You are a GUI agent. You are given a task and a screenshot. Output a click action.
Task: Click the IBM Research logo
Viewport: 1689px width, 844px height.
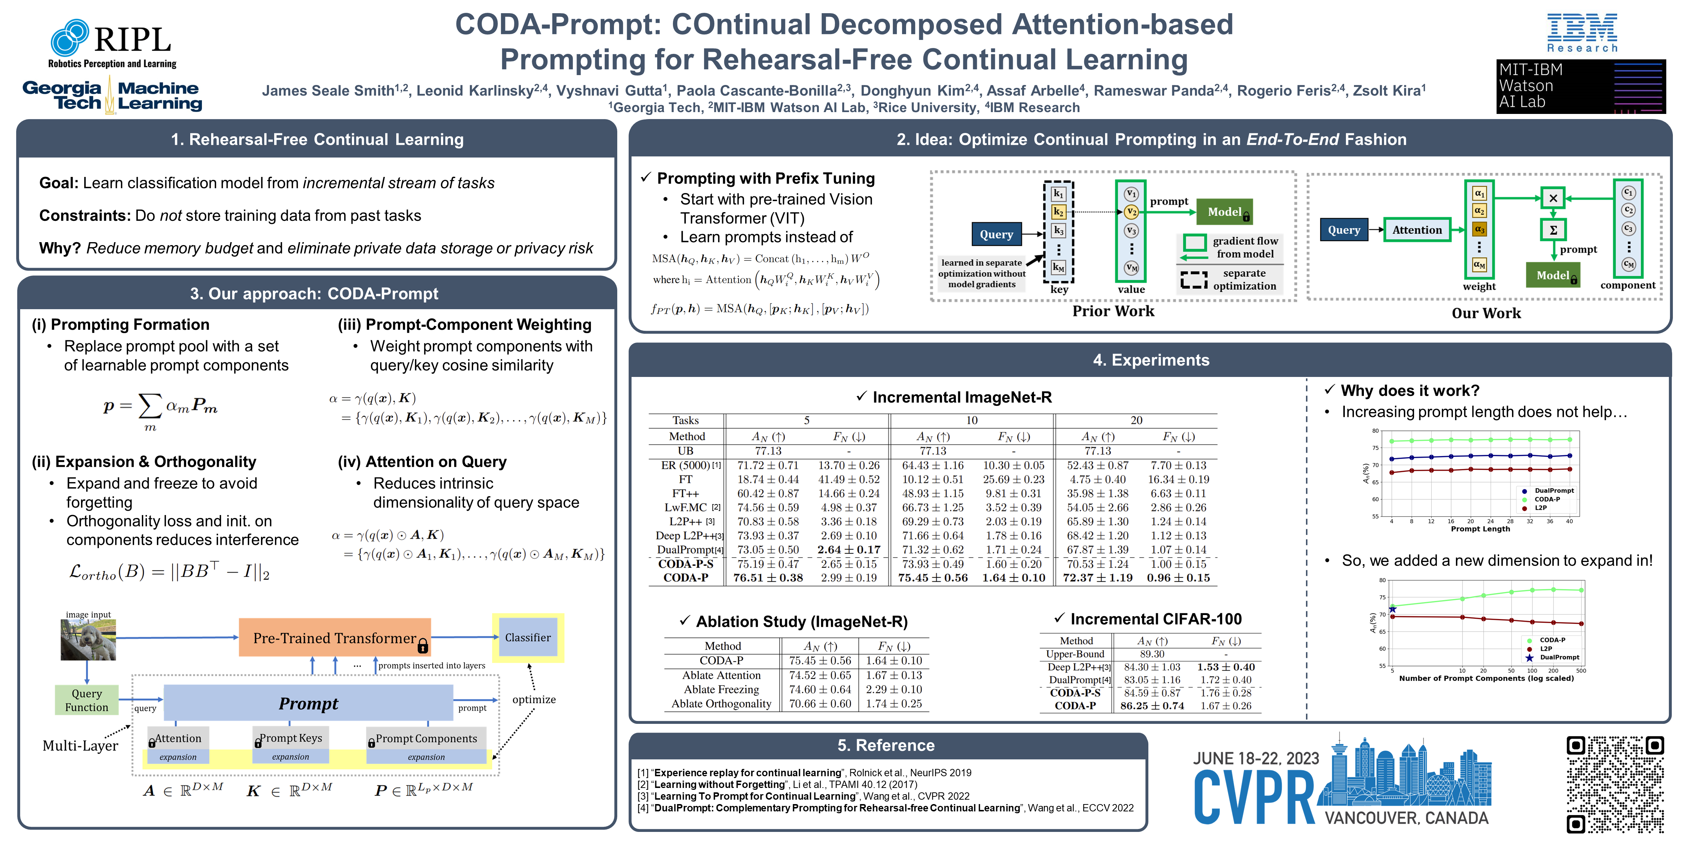(x=1582, y=33)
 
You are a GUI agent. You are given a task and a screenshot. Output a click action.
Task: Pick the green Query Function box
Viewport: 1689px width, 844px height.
(x=87, y=700)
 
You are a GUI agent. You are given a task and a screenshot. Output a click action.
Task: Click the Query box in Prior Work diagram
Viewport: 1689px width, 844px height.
(x=996, y=234)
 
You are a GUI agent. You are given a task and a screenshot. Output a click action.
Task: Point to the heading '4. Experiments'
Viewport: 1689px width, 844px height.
(x=1151, y=360)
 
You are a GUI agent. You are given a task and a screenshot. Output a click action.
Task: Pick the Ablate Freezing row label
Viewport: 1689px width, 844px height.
(x=721, y=689)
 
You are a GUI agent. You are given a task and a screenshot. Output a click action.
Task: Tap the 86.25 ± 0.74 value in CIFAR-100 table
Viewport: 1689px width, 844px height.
(x=1152, y=706)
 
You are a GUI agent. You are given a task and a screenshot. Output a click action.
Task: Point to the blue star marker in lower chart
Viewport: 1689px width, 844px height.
(x=1392, y=610)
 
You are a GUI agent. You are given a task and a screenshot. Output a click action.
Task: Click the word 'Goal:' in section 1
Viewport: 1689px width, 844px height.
(x=59, y=183)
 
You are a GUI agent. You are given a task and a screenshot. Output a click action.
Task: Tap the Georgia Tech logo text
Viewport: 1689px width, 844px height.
(x=62, y=96)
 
